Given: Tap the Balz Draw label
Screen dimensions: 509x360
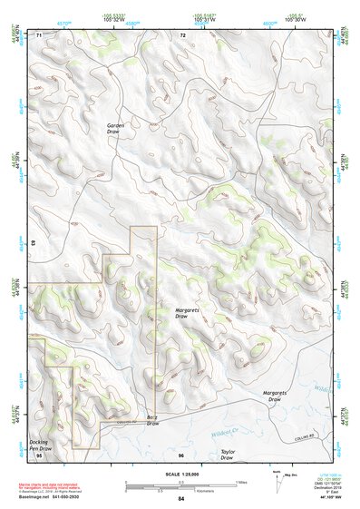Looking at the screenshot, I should [x=152, y=420].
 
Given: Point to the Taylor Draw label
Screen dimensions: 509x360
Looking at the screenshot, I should [x=227, y=455].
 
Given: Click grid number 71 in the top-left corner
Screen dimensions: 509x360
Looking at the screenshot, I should [x=39, y=34].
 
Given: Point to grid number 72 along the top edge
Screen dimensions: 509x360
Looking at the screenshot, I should [x=182, y=34].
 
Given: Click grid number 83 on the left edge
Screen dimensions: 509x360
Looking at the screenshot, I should [x=33, y=244].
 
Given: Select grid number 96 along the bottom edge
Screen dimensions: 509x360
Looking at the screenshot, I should [x=181, y=454].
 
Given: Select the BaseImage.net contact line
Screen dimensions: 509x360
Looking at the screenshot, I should [x=63, y=496].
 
